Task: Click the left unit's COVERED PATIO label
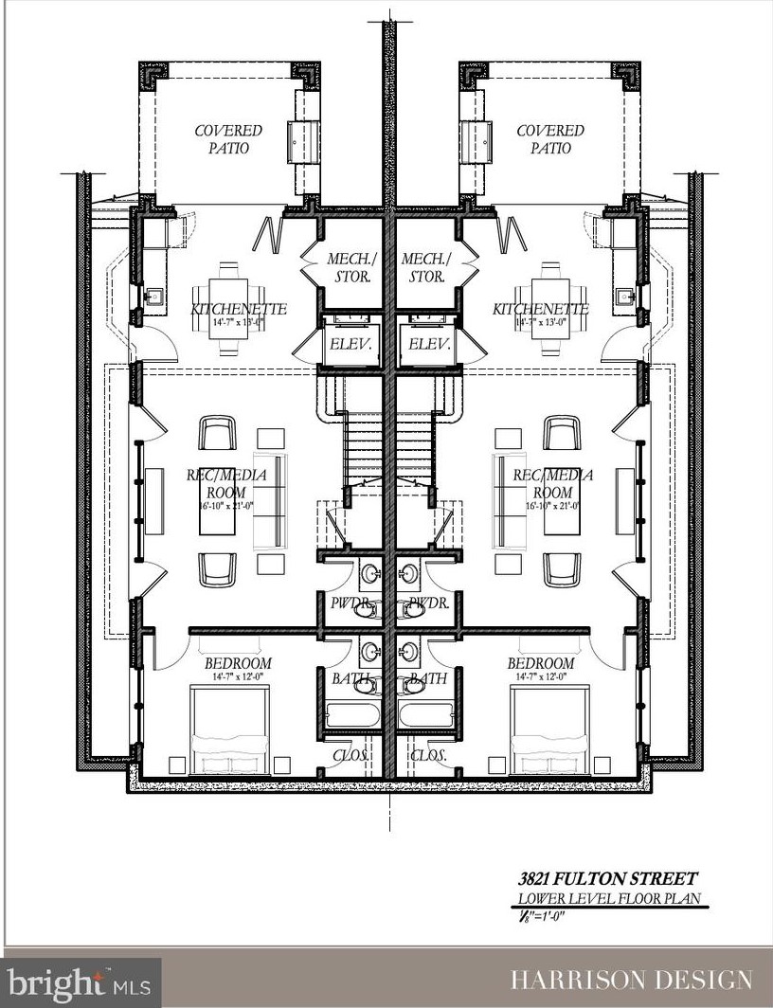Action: (x=228, y=139)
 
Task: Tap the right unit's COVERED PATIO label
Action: (x=549, y=139)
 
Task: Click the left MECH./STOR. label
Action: (x=348, y=267)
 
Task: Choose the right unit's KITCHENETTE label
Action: (x=541, y=309)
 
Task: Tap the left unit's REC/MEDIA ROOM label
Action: (x=225, y=483)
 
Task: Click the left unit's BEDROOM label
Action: (x=238, y=663)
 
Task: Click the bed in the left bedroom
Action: (x=230, y=729)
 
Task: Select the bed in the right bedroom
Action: (x=548, y=729)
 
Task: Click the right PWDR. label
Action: (x=424, y=602)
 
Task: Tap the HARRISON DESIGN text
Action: (x=632, y=980)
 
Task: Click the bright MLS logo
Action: (x=81, y=981)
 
